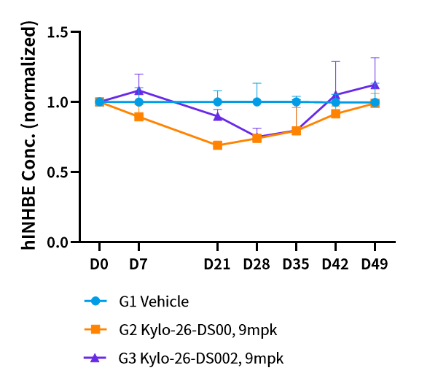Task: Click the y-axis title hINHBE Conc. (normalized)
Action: tap(30, 136)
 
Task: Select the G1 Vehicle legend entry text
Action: tap(154, 302)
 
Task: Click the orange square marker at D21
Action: tap(217, 145)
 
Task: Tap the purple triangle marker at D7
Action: tap(138, 91)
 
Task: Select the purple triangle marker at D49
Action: tap(375, 85)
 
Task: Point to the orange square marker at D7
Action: tap(138, 117)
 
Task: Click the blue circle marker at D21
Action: tap(217, 102)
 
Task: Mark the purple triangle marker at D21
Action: tap(217, 116)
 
